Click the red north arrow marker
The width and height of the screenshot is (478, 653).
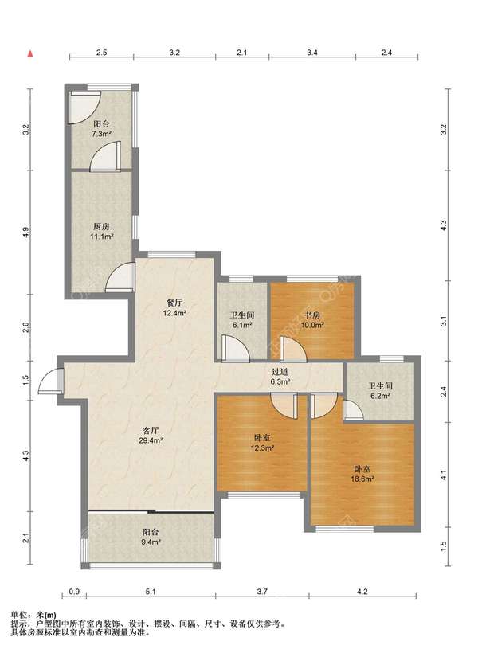[x=30, y=53]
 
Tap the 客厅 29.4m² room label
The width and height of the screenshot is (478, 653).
[x=151, y=435]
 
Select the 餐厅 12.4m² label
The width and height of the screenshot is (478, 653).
[x=174, y=307]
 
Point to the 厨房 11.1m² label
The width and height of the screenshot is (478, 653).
[x=102, y=232]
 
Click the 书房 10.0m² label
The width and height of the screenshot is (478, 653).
[x=312, y=320]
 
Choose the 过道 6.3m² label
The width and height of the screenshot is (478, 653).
[x=280, y=377]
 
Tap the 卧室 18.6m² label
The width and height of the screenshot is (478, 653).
[x=362, y=474]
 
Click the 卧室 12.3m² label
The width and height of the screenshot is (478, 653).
[x=262, y=443]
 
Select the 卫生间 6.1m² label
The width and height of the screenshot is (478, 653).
[x=242, y=320]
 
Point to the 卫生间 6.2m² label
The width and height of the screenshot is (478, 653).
[x=381, y=391]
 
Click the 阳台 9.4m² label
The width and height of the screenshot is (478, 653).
[x=151, y=537]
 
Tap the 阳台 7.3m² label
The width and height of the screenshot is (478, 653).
[x=102, y=129]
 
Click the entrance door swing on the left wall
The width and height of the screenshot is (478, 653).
[x=50, y=381]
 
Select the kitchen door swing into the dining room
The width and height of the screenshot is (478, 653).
[x=120, y=277]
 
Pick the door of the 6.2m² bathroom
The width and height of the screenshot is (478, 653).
[x=353, y=409]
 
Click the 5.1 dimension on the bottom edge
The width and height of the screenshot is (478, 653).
[x=151, y=591]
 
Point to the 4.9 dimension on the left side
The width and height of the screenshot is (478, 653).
[x=26, y=232]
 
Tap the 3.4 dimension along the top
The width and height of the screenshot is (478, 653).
[x=312, y=53]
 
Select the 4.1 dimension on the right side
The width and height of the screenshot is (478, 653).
[x=444, y=475]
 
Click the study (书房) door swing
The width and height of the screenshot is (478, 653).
[x=293, y=349]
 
